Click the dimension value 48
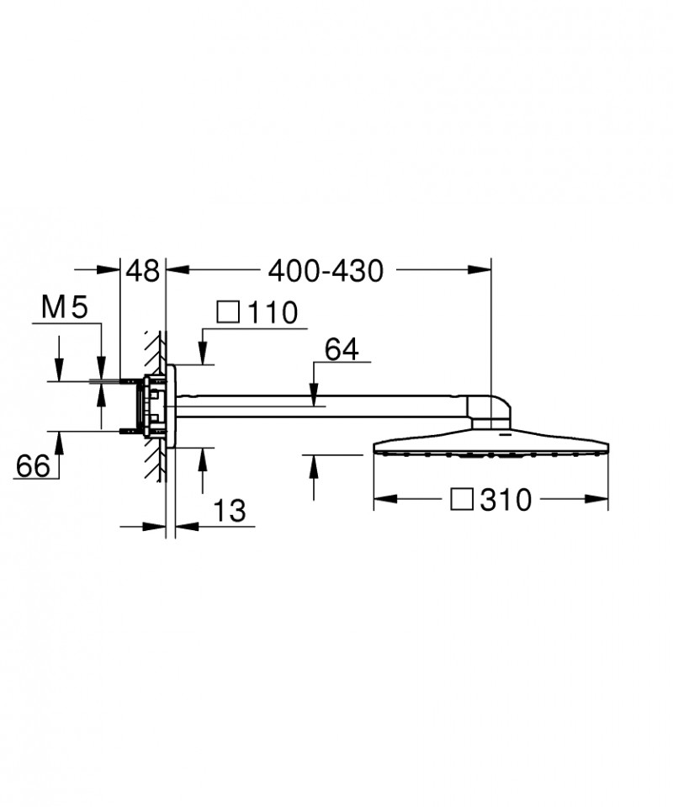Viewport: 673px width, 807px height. pyautogui.click(x=142, y=270)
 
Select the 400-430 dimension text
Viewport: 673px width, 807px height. pyautogui.click(x=325, y=270)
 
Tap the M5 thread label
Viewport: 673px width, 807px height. pyautogui.click(x=65, y=309)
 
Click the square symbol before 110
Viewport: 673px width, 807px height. pyautogui.click(x=227, y=313)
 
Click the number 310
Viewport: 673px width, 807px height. pyautogui.click(x=506, y=500)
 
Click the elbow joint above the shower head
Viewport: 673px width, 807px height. pyautogui.click(x=490, y=409)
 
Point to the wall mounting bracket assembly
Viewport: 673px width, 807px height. pyautogui.click(x=156, y=406)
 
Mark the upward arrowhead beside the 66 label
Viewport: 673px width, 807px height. pyautogui.click(x=60, y=439)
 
